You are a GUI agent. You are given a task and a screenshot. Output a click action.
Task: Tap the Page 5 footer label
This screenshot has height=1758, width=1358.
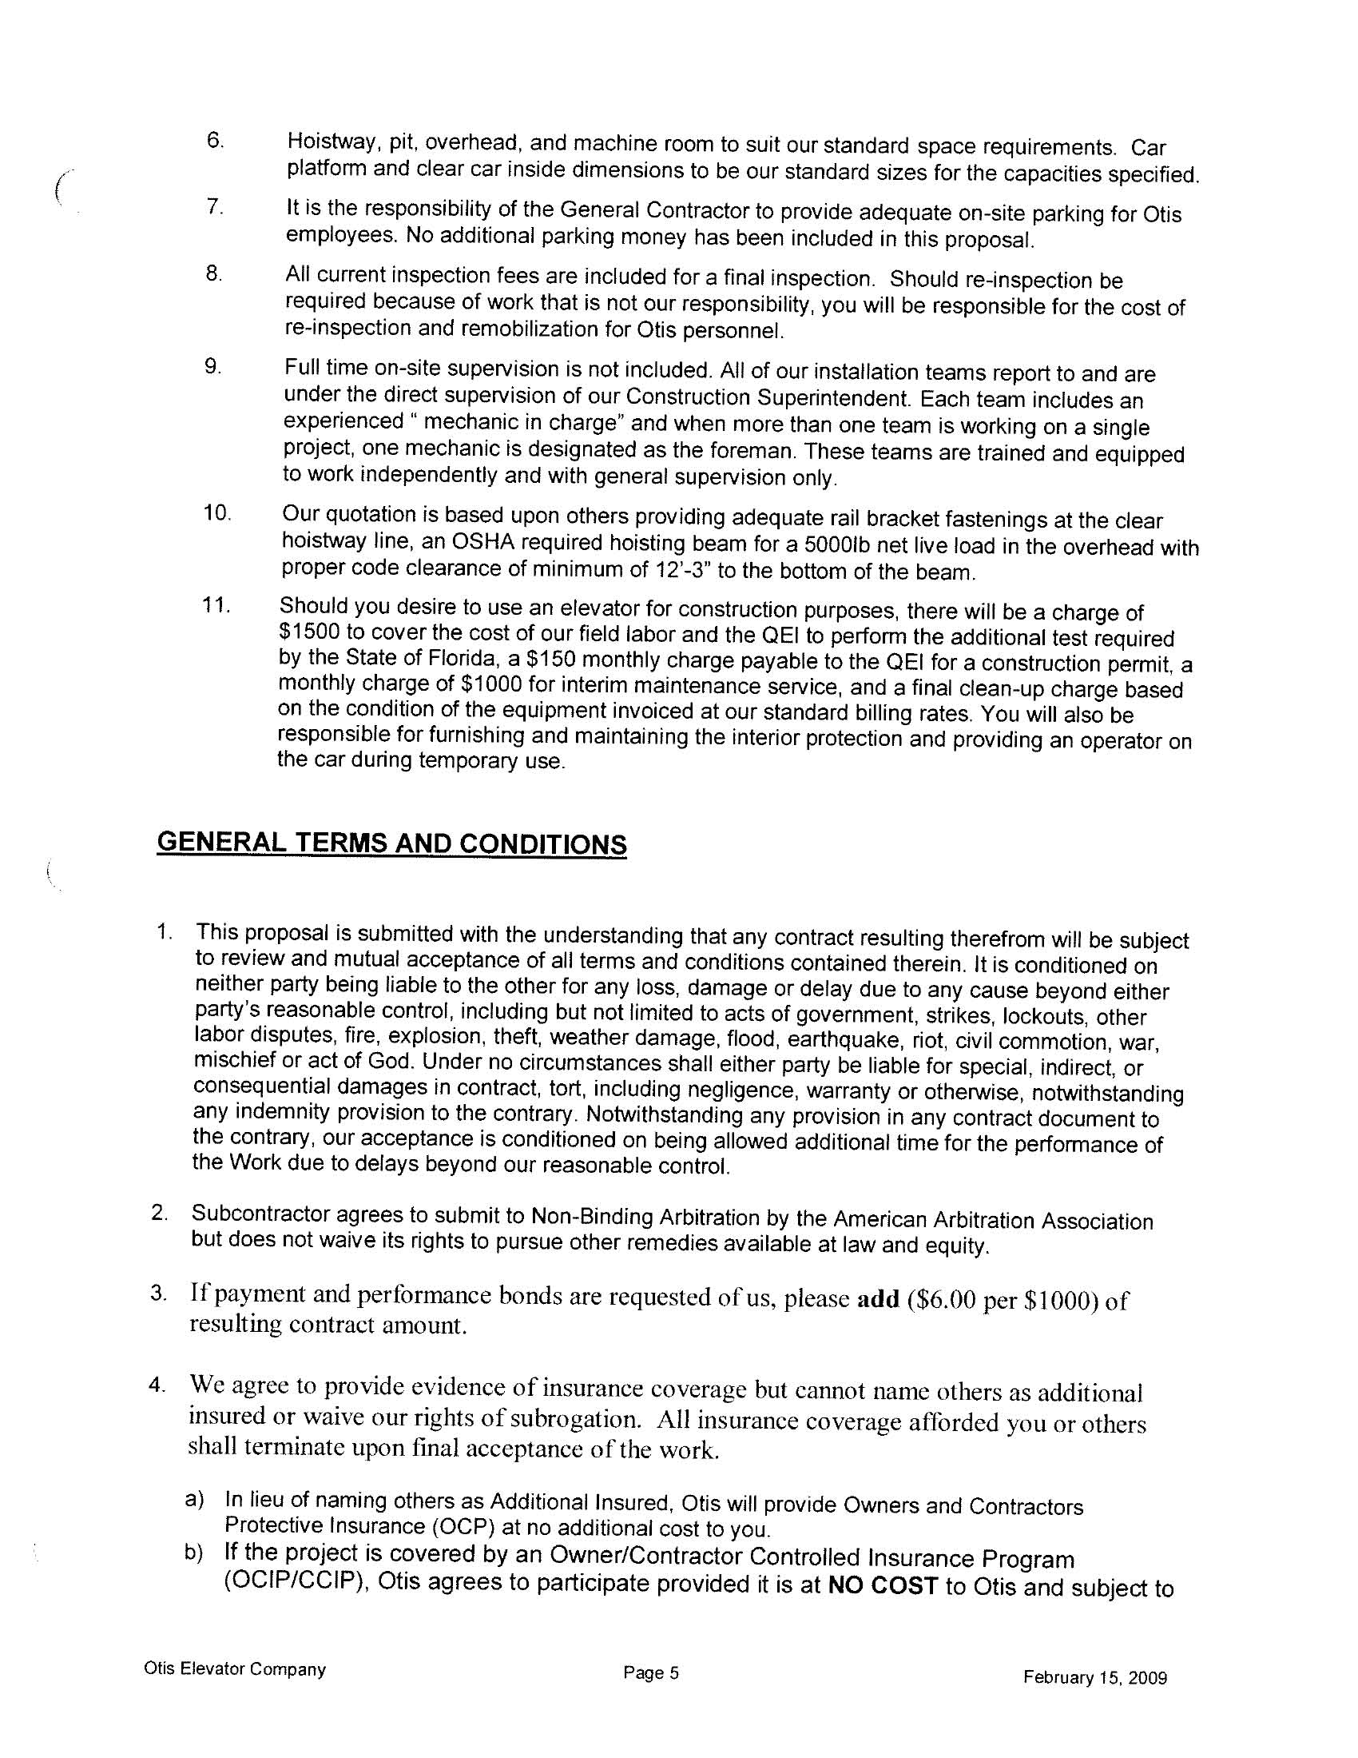(651, 1674)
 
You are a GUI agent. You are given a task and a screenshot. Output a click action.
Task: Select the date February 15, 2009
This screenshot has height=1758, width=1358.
(1095, 1678)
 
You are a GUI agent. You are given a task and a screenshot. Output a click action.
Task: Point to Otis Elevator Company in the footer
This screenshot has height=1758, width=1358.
(235, 1669)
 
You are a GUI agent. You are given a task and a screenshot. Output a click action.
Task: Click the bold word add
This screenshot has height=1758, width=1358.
(878, 1301)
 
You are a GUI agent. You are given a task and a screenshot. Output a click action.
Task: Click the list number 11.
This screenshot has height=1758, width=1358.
(216, 605)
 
